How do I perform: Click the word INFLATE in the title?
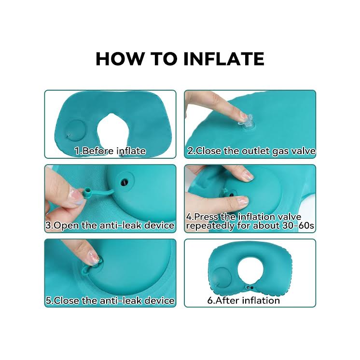click(x=224, y=58)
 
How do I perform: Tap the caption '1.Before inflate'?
click(x=110, y=151)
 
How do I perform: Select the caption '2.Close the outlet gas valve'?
click(x=251, y=151)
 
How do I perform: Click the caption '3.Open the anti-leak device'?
click(x=110, y=225)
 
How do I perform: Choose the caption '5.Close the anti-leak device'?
click(x=110, y=301)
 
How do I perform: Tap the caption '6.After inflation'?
click(x=243, y=301)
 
